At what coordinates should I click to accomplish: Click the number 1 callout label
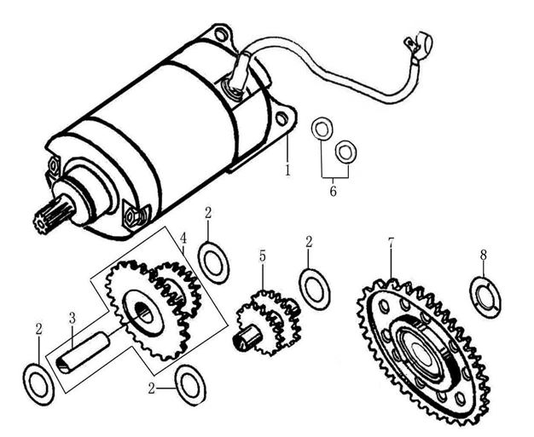pyautogui.click(x=287, y=170)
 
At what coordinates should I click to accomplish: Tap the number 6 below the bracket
pyautogui.click(x=334, y=191)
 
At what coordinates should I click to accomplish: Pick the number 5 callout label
pyautogui.click(x=263, y=256)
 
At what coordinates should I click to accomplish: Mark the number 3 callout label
pyautogui.click(x=73, y=318)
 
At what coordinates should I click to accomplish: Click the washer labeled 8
pyautogui.click(x=486, y=297)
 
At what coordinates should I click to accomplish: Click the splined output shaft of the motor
pyautogui.click(x=46, y=221)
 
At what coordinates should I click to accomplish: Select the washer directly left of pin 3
pyautogui.click(x=39, y=381)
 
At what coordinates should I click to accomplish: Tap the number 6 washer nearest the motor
pyautogui.click(x=322, y=129)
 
